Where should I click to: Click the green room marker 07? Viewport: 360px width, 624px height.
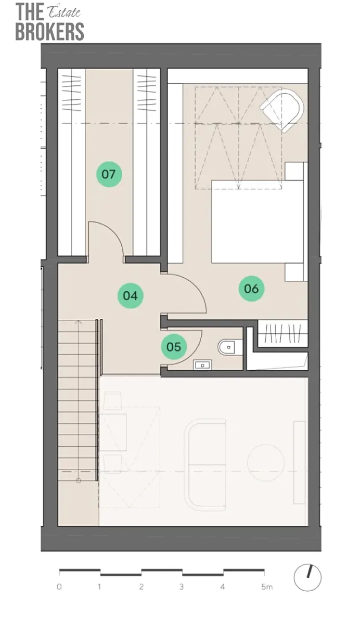(109, 174)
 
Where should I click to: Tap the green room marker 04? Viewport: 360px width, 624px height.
(131, 295)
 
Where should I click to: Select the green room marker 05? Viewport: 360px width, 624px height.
(174, 346)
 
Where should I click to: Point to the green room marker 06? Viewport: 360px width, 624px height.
(251, 288)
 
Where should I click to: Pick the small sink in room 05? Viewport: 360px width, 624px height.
(202, 365)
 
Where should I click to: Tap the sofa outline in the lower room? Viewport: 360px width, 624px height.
(206, 465)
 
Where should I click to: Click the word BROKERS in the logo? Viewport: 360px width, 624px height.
(49, 32)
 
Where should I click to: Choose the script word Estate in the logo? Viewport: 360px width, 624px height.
(65, 11)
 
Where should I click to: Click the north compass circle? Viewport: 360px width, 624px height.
(307, 578)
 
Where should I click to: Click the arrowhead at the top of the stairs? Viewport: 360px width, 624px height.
(79, 322)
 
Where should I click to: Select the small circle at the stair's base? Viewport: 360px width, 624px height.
(79, 480)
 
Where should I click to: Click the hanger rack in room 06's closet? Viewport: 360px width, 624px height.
(283, 333)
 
